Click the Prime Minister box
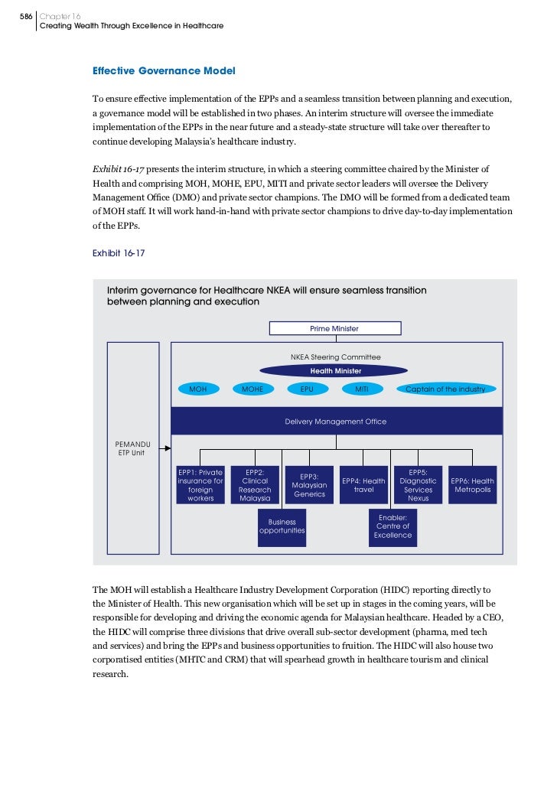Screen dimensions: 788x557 click(x=334, y=328)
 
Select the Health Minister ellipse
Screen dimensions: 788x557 click(x=336, y=371)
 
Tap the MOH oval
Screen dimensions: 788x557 click(x=197, y=389)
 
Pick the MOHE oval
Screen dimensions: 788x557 click(x=252, y=389)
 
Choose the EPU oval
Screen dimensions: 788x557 click(x=306, y=389)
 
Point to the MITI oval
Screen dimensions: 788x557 click(x=362, y=389)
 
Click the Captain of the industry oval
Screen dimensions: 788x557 click(x=445, y=389)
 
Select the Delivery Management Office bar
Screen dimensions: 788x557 click(x=336, y=422)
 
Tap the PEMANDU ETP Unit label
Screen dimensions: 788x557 click(x=129, y=448)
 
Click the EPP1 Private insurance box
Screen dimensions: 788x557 click(x=200, y=485)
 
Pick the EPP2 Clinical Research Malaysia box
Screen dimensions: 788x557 click(x=255, y=485)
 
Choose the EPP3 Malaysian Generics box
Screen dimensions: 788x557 click(x=309, y=485)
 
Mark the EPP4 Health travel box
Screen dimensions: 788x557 click(x=363, y=485)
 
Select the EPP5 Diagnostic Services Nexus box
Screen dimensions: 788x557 click(x=418, y=485)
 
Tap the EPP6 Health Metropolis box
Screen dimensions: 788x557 click(x=472, y=485)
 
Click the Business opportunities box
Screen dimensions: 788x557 click(x=282, y=526)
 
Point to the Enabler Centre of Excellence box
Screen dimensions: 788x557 click(x=393, y=526)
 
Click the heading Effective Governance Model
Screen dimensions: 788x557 click(x=164, y=71)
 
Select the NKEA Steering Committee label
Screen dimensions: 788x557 click(x=336, y=357)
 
